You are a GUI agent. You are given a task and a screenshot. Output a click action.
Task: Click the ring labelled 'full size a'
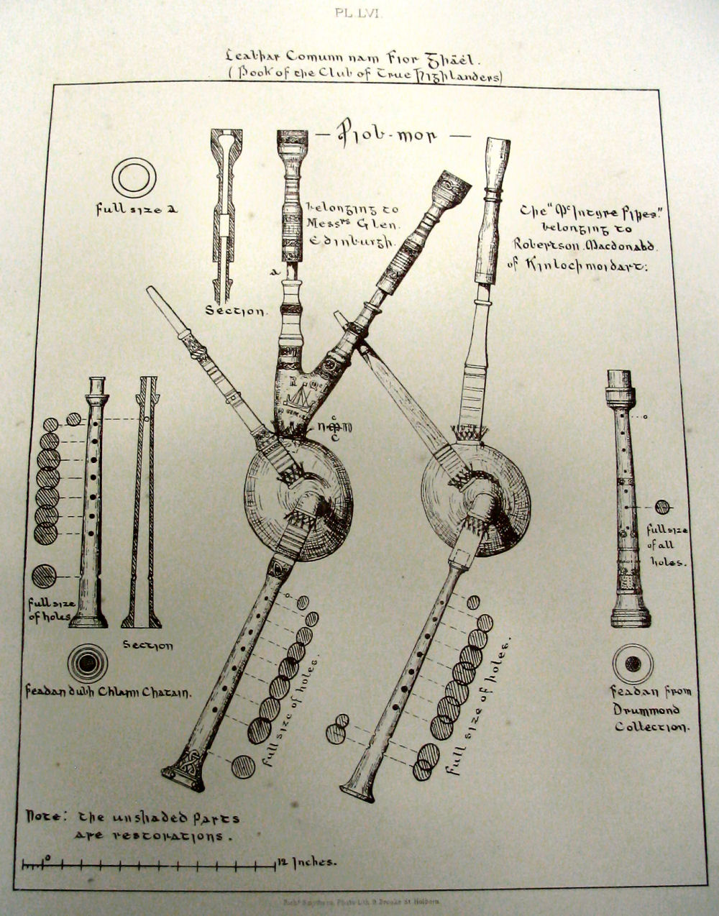(x=134, y=177)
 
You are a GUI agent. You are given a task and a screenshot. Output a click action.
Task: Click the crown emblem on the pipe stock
(x=296, y=396)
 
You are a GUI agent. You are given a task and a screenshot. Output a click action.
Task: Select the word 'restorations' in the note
(x=151, y=836)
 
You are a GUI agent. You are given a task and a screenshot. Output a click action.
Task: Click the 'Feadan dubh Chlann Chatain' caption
(x=108, y=693)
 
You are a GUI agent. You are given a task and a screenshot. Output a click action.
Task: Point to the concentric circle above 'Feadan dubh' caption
(x=87, y=662)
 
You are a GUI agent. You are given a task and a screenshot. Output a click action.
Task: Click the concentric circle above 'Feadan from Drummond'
(x=633, y=664)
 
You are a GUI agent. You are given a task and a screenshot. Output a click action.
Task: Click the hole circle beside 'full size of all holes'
(x=662, y=507)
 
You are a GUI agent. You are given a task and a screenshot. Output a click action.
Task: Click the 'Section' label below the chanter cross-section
(x=148, y=646)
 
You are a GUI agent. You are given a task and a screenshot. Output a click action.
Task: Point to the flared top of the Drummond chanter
(x=619, y=388)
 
